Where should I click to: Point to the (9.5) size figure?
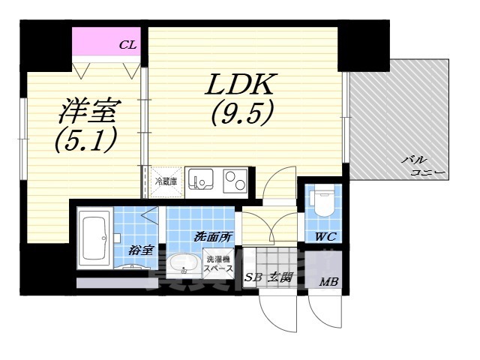point(241,112)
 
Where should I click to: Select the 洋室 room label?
point(88,112)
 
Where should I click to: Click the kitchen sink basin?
point(201,181)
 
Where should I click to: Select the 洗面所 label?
point(213,236)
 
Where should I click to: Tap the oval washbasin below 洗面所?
point(183,265)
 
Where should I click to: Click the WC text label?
point(325,238)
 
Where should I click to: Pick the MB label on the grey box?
point(328,283)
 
